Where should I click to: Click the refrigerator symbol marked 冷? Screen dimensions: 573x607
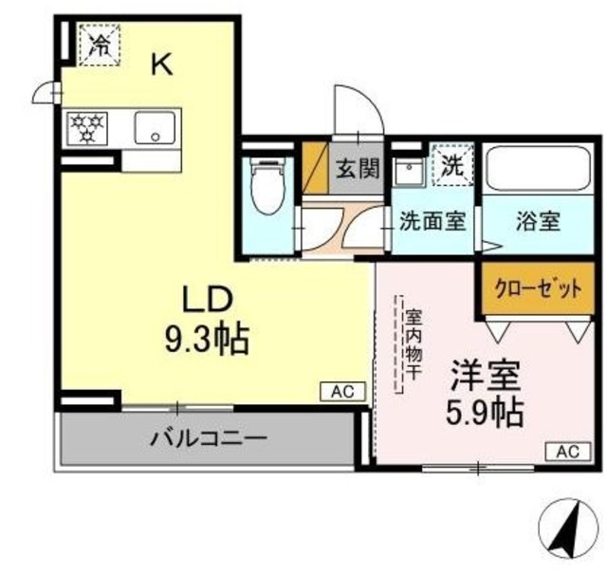pos(99,45)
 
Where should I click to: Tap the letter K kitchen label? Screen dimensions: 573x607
pos(162,65)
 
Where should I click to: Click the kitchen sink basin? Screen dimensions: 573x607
pos(154,127)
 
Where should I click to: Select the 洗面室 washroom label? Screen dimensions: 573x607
pos(431,222)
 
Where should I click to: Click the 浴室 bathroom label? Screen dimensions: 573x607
pos(538,222)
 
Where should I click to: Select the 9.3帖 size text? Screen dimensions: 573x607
pos(206,338)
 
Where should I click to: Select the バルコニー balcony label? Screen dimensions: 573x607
pos(208,438)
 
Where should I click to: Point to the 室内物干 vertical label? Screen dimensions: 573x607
pos(414,346)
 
